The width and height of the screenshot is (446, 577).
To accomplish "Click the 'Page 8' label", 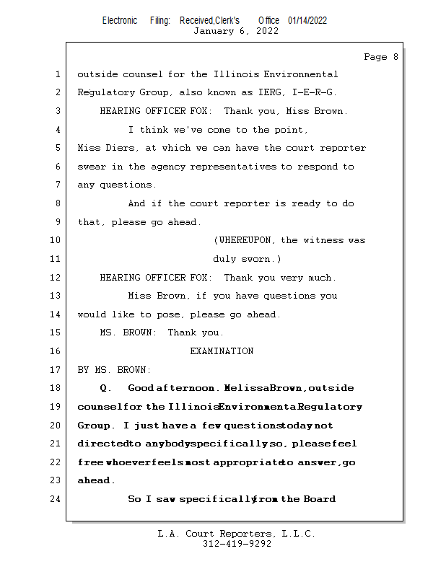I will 380,57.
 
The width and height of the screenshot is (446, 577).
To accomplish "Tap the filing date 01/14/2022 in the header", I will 307,21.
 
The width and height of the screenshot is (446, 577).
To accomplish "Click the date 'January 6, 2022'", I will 236,31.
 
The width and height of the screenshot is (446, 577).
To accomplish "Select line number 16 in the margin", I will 56,351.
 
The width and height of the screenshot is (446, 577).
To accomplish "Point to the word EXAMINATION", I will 222,351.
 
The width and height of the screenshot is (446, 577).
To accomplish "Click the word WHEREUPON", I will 246,240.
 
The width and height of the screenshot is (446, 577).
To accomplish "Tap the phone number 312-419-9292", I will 237,544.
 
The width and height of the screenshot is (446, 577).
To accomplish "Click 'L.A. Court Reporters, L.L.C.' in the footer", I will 236,534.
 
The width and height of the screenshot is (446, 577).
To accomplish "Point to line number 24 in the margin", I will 56,499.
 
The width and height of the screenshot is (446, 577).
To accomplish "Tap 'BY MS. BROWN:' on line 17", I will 114,370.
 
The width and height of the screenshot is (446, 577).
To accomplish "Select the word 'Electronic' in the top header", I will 120,21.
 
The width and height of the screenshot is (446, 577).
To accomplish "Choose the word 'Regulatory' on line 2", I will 105,92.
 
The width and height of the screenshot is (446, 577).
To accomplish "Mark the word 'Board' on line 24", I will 319,499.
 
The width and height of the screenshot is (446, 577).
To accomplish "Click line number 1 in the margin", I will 56,74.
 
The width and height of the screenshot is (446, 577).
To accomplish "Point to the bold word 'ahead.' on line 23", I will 95,480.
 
